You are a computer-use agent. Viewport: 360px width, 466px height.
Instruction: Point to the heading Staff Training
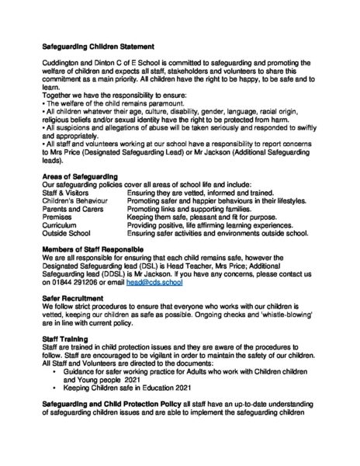67,339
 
